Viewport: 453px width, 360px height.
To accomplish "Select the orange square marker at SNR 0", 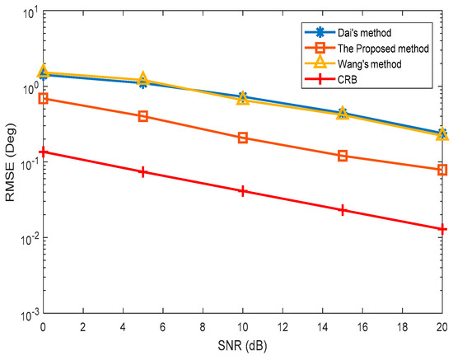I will pyautogui.click(x=43, y=98).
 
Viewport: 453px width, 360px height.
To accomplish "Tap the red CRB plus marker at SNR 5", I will pyautogui.click(x=142, y=172).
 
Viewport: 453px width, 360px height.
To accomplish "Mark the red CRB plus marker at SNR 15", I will pyautogui.click(x=343, y=210).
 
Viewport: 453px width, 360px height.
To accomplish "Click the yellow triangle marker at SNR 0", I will pyautogui.click(x=43, y=72).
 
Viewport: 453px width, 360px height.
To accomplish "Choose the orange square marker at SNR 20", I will pyautogui.click(x=442, y=170).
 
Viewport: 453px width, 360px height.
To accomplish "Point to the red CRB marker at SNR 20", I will pyautogui.click(x=442, y=229).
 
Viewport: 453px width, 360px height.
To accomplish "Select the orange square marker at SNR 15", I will pyautogui.click(x=343, y=156).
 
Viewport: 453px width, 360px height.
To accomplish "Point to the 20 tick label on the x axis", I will pyautogui.click(x=441, y=327).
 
